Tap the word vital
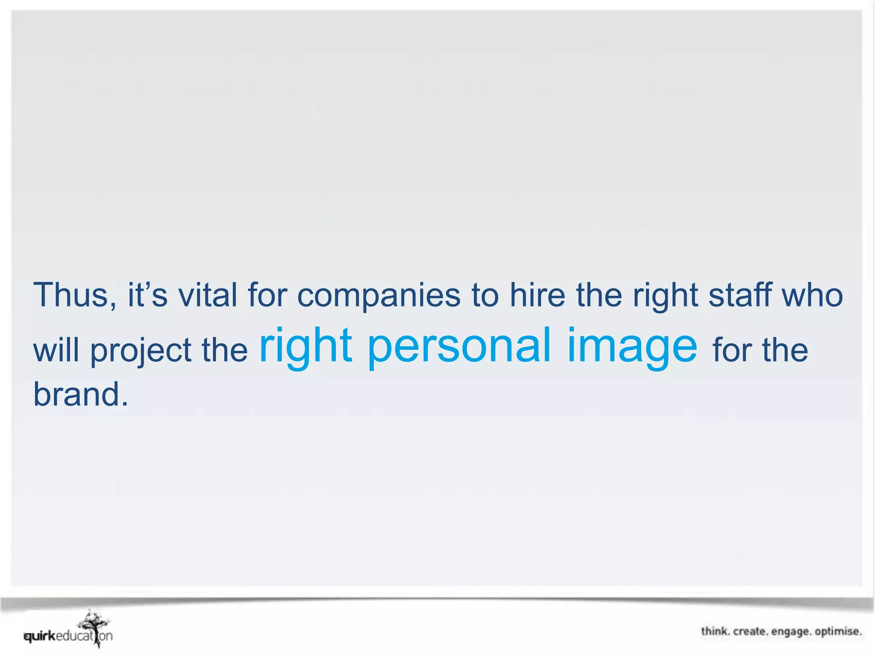(208, 295)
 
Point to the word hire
(537, 295)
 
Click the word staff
(740, 295)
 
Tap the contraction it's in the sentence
(147, 295)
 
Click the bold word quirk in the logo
(40, 636)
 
